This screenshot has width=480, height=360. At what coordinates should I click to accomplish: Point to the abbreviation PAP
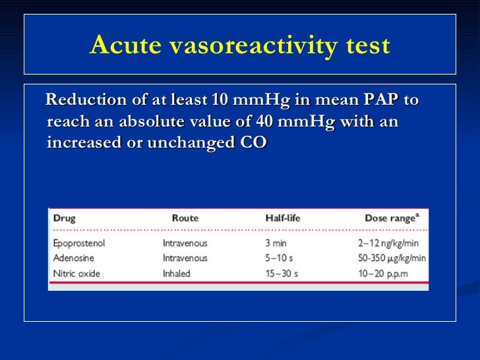point(380,100)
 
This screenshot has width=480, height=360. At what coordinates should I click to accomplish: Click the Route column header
point(185,218)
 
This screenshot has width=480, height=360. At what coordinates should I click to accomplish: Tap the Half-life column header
point(284,218)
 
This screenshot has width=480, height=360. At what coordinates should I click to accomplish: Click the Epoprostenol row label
point(79,243)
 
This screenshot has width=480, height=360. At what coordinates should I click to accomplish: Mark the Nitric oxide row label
point(75,273)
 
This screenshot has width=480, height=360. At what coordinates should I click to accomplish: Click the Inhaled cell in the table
point(177,273)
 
